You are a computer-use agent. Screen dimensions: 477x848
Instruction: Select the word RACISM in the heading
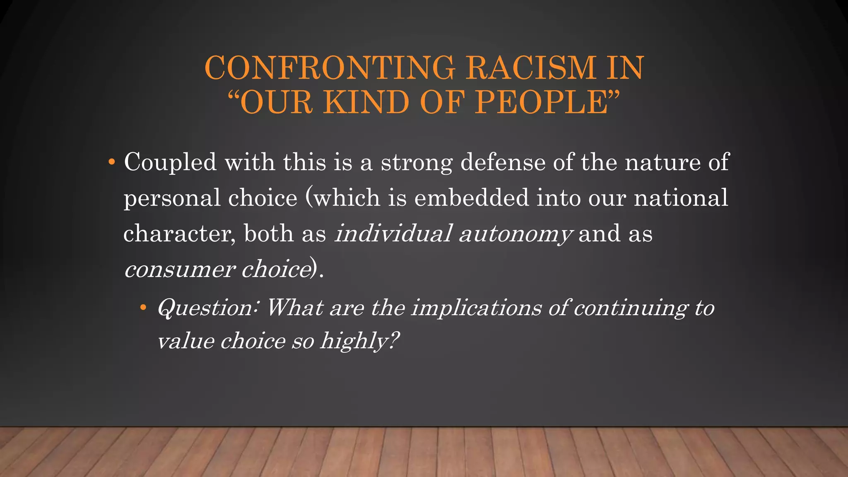(530, 67)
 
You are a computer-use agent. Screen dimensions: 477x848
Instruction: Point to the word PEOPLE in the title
(542, 102)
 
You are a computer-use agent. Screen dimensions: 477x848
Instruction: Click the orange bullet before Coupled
(111, 162)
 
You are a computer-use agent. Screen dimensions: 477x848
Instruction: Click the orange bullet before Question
(143, 308)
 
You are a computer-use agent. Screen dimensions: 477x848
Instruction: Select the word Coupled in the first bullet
(170, 162)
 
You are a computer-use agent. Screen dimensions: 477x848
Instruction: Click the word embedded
(471, 198)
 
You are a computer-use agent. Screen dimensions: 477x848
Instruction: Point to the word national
(681, 198)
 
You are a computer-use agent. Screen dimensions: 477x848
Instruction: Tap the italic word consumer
(180, 270)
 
